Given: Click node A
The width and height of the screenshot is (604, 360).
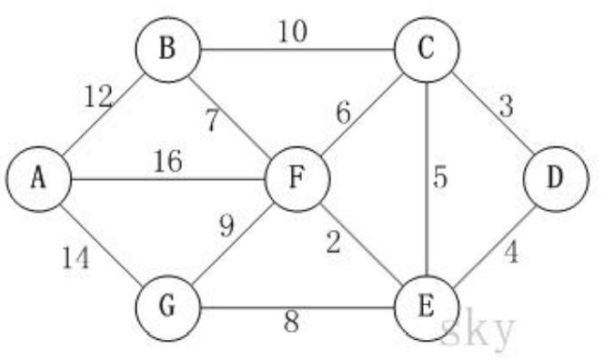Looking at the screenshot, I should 37,179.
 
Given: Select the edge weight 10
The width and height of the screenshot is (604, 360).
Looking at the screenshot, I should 292,33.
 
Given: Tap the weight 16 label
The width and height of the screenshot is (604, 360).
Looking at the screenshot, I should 167,163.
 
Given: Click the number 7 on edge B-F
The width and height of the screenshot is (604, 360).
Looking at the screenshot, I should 211,119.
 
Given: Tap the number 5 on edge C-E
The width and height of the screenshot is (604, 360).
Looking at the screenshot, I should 440,177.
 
